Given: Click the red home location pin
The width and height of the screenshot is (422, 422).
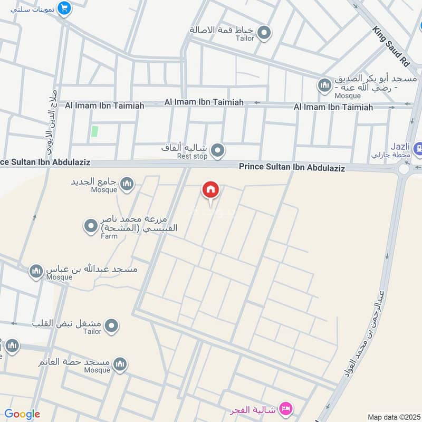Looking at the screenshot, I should tap(210, 190).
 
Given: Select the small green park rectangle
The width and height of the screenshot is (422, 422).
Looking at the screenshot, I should tap(94, 131).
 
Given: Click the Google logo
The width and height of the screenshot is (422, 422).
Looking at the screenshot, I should tap(22, 414).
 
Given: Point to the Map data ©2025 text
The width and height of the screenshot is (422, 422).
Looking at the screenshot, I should tap(392, 417).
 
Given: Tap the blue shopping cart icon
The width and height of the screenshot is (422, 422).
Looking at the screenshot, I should tap(64, 9).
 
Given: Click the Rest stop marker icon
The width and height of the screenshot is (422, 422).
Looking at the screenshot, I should tap(217, 152).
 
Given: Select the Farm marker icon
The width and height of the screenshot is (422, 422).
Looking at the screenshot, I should tap(91, 227).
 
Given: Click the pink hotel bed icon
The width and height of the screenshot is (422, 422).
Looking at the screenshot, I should tap(286, 409).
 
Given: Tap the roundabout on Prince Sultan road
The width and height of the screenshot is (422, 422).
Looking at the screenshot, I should tap(405, 169).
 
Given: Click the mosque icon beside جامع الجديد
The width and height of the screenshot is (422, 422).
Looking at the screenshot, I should tap(127, 184).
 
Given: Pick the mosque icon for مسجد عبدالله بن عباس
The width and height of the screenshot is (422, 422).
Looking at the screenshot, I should tap(36, 271).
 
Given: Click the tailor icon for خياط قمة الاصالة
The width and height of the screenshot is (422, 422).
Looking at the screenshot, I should tap(264, 33).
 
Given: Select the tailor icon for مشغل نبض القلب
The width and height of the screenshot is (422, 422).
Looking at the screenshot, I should tap(111, 327).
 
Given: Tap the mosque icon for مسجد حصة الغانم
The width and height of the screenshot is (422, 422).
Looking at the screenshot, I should tap(120, 365).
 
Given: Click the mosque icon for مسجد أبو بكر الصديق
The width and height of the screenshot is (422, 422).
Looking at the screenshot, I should tap(324, 84).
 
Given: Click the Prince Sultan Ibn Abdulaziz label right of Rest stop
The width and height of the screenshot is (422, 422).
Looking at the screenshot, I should tap(292, 168).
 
